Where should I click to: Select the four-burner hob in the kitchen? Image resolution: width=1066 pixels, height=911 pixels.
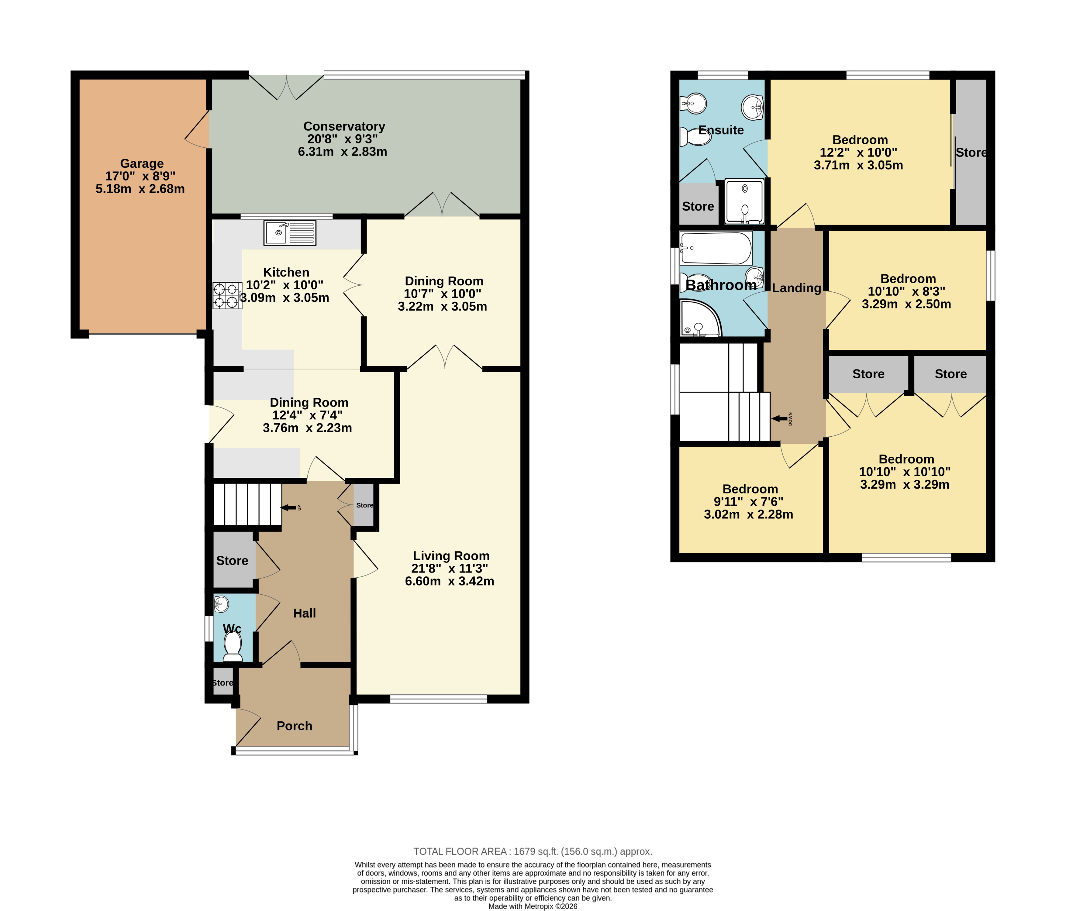tap(227, 295)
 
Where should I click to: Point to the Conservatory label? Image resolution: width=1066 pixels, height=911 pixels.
tap(344, 126)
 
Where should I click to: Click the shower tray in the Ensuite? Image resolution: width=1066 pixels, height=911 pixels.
tap(744, 201)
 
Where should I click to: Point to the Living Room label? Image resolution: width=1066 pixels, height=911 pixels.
tap(451, 556)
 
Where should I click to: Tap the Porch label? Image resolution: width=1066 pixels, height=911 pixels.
tap(294, 726)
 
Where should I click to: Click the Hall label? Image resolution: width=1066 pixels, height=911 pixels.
tap(305, 613)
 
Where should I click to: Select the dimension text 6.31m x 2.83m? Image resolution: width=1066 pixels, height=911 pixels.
tap(343, 152)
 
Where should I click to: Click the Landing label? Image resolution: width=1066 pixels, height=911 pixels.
tap(796, 288)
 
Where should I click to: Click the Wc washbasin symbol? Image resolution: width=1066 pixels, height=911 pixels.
tap(221, 604)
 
